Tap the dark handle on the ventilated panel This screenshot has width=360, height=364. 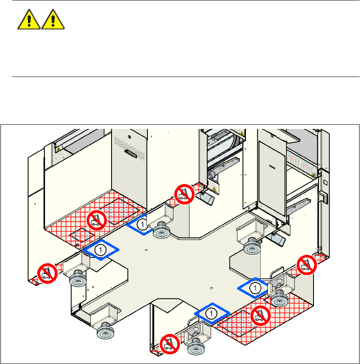(131, 154)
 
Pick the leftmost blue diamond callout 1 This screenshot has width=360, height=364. (101, 250)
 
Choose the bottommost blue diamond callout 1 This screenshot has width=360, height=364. (212, 313)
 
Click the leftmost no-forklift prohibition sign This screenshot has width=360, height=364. (48, 274)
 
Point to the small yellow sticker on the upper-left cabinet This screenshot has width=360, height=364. (59, 149)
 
